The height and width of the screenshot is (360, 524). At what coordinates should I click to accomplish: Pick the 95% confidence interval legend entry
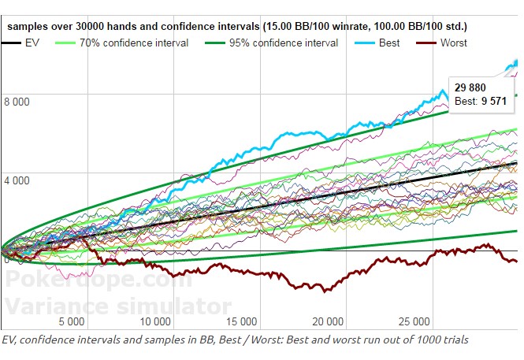click(x=284, y=43)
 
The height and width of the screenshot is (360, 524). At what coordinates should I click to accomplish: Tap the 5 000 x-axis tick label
click(x=72, y=321)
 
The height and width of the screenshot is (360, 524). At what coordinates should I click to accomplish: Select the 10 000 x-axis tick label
click(x=155, y=321)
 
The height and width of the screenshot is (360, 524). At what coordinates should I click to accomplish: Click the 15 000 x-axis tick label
click(x=240, y=321)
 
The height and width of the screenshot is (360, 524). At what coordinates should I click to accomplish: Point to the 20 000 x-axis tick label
click(x=326, y=321)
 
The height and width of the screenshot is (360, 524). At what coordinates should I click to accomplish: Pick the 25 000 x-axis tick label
click(x=412, y=321)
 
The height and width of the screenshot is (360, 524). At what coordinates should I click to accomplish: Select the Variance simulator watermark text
click(x=118, y=305)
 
